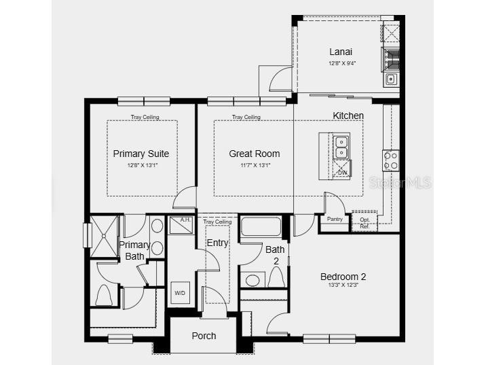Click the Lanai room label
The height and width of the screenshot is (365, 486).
(x=341, y=52)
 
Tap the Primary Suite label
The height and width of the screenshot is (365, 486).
(x=141, y=154)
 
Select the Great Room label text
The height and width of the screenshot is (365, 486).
(x=254, y=154)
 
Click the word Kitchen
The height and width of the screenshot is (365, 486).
(x=348, y=116)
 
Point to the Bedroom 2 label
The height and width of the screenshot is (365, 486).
(x=343, y=277)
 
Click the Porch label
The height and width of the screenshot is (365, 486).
(x=204, y=336)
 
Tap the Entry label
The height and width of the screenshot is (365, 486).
(x=217, y=243)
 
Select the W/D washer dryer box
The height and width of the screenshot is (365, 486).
(x=180, y=293)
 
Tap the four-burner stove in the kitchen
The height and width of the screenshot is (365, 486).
(x=391, y=160)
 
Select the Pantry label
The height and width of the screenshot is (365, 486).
(x=335, y=219)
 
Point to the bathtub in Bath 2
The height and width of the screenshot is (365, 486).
(x=261, y=226)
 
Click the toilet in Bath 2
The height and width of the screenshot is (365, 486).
(x=276, y=277)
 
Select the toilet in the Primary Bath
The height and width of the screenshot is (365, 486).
(x=104, y=294)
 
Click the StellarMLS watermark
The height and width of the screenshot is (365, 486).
(x=400, y=183)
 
